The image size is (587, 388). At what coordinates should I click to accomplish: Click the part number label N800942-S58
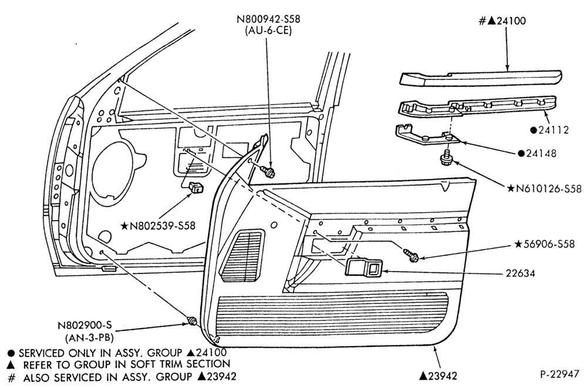268,18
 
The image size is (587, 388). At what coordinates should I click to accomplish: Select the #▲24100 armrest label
502,21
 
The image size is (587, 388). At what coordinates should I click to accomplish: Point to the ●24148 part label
537,153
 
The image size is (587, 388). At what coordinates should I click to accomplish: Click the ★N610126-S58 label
545,189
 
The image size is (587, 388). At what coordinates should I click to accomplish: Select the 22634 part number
520,273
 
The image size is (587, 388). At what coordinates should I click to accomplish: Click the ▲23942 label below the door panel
438,376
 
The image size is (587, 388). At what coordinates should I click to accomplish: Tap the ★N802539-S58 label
157,226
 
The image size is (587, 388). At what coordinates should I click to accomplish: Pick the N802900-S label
85,325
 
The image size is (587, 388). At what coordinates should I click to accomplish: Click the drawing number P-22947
559,374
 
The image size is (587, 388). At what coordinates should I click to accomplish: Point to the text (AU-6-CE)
268,31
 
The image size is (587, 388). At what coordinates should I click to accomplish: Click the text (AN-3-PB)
89,337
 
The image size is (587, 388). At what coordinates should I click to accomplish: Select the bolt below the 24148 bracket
446,157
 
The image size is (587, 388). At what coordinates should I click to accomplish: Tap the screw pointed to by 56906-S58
411,255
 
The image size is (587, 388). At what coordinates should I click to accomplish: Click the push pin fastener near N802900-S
193,321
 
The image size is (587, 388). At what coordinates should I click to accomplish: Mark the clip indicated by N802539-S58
196,187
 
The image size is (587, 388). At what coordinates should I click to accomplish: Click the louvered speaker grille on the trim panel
242,256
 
